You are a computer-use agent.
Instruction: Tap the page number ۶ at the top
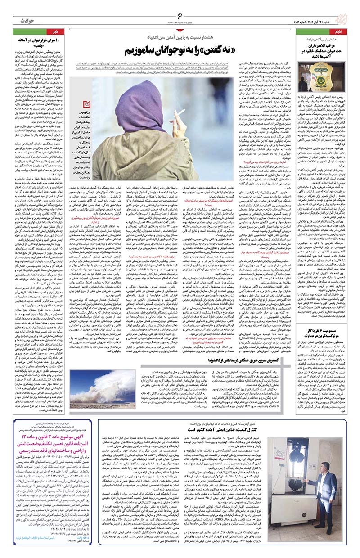coord(180,16)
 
